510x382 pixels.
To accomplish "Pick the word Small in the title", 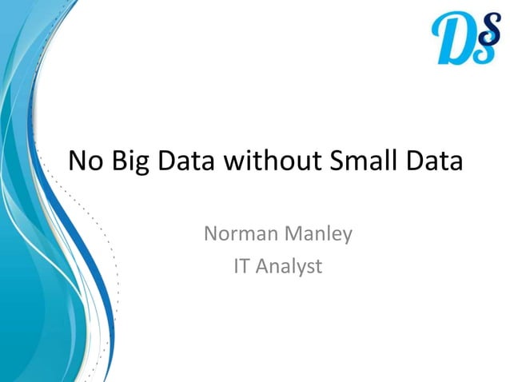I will pyautogui.click(x=361, y=161).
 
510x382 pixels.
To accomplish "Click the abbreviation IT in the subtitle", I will pyautogui.click(x=241, y=266).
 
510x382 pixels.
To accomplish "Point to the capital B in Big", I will pyautogui.click(x=116, y=161).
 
